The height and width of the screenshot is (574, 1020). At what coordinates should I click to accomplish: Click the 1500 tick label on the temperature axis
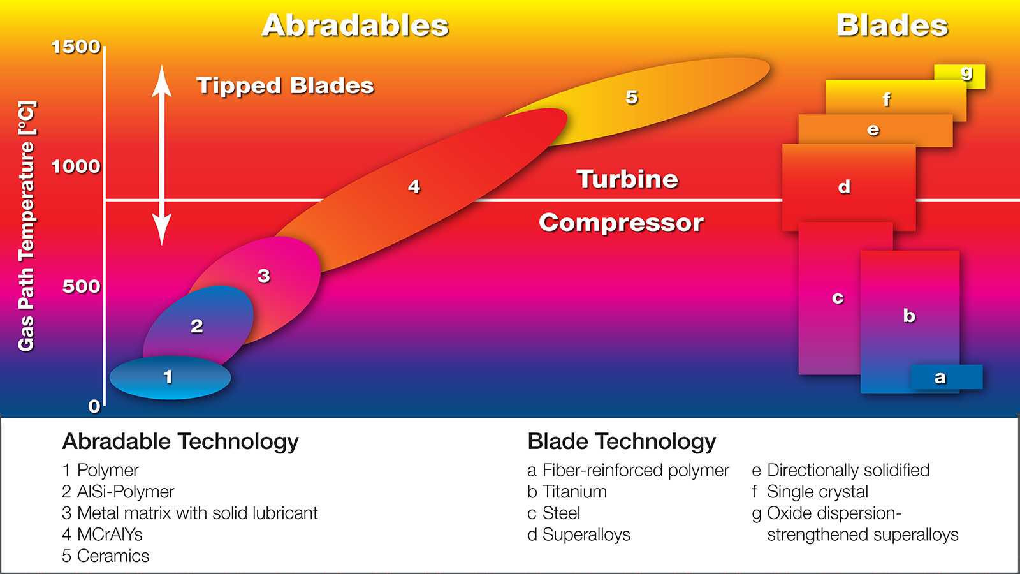(x=76, y=47)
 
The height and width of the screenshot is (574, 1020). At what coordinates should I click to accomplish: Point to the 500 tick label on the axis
(x=81, y=286)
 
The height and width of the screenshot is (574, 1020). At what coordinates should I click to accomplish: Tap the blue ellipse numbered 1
(x=170, y=378)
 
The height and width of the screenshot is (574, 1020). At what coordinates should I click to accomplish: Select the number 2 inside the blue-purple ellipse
(x=197, y=326)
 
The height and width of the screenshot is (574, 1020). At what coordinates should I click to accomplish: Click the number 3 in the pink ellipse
(x=264, y=276)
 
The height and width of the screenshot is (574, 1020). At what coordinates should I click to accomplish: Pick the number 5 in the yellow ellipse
(x=632, y=97)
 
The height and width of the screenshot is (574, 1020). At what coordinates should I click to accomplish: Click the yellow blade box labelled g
(x=959, y=77)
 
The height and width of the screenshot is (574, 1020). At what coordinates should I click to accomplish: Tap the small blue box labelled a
(x=946, y=377)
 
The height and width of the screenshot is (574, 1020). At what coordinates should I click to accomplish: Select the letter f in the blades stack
(x=886, y=99)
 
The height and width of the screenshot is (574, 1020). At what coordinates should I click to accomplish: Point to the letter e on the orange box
(x=873, y=130)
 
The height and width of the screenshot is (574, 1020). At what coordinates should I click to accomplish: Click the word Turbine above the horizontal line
(x=627, y=179)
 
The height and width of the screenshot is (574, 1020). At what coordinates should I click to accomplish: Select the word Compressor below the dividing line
(x=621, y=223)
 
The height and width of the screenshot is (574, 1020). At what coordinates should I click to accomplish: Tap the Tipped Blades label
(x=285, y=85)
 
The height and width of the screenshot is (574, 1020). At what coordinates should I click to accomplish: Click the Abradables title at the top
(x=355, y=26)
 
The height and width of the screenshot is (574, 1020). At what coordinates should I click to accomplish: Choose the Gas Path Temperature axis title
(x=26, y=226)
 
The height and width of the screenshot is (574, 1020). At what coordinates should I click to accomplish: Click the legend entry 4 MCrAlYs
(x=102, y=534)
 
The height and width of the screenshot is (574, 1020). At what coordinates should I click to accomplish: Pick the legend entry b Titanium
(x=567, y=492)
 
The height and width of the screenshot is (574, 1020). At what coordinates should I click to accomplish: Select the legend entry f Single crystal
(x=810, y=492)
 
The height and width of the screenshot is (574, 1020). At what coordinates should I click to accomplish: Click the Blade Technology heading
(x=622, y=442)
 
